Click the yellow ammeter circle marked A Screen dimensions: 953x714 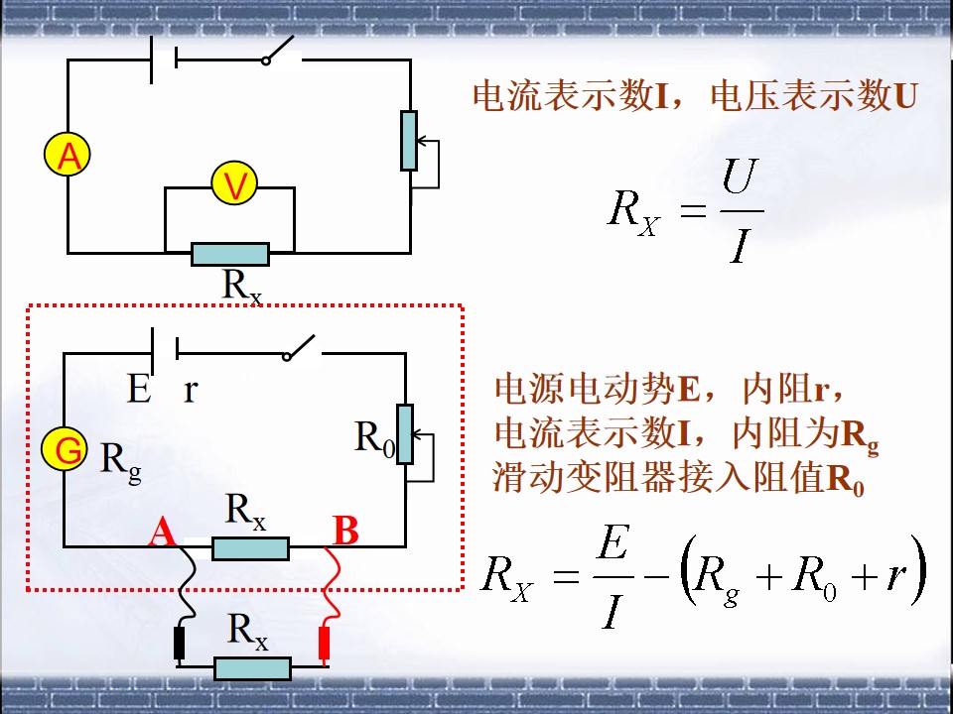tap(68, 155)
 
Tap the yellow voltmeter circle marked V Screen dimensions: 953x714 tap(234, 182)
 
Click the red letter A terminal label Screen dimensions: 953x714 tap(162, 532)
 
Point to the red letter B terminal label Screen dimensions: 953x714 tap(345, 531)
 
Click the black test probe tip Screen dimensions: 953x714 tap(180, 644)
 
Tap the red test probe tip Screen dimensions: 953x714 tap(325, 644)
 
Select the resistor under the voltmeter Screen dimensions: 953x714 tap(230, 254)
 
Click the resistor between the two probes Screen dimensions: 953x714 tap(252, 668)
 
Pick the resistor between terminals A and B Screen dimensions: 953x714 tap(250, 548)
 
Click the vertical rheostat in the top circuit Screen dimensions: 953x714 tap(409, 141)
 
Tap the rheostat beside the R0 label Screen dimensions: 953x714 tap(405, 434)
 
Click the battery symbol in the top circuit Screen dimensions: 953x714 tap(164, 59)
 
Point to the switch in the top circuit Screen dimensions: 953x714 tap(281, 51)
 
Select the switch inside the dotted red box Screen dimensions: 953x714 tap(301, 347)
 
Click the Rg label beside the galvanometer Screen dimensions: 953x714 tap(121, 463)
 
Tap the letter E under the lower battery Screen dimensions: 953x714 tap(139, 389)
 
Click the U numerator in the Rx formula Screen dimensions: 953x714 tap(741, 177)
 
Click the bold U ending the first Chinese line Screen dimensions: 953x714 tap(905, 96)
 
